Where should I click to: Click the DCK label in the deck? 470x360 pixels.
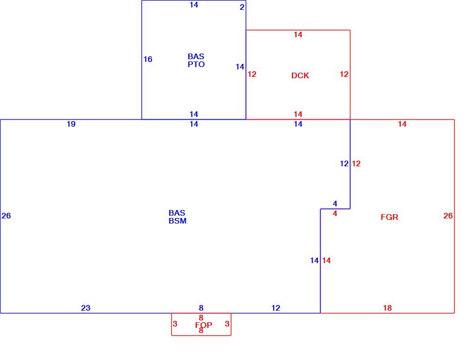pyautogui.click(x=300, y=75)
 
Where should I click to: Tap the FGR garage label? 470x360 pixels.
pyautogui.click(x=389, y=217)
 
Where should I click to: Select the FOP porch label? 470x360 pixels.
pyautogui.click(x=203, y=325)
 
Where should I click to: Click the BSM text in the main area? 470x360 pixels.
pyautogui.click(x=177, y=221)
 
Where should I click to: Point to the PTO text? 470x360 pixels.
pyautogui.click(x=196, y=64)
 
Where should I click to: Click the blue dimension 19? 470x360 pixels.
pyautogui.click(x=71, y=124)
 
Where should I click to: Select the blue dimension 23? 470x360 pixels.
pyautogui.click(x=86, y=308)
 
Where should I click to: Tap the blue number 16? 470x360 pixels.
pyautogui.click(x=148, y=60)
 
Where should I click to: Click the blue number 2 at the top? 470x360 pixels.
pyautogui.click(x=242, y=7)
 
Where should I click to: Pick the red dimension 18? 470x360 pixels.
pyautogui.click(x=387, y=308)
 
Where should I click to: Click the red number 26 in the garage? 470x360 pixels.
pyautogui.click(x=448, y=216)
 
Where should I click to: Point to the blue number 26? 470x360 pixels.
pyautogui.click(x=7, y=216)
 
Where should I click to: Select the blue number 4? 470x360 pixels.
pyautogui.click(x=335, y=204)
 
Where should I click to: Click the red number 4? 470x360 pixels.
pyautogui.click(x=335, y=214)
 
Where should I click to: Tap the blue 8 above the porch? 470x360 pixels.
pyautogui.click(x=201, y=308)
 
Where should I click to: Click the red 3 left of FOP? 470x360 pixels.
pyautogui.click(x=175, y=324)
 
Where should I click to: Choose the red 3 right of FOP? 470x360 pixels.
pyautogui.click(x=227, y=324)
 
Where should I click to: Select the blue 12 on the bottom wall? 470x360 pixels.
pyautogui.click(x=276, y=308)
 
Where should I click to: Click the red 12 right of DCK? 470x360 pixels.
pyautogui.click(x=344, y=75)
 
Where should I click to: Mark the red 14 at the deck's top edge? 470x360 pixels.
pyautogui.click(x=298, y=35)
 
